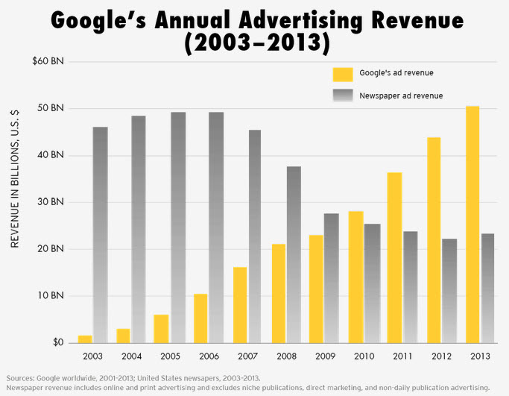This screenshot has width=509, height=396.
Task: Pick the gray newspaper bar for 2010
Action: click(x=371, y=283)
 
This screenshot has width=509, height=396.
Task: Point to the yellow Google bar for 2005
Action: click(x=161, y=328)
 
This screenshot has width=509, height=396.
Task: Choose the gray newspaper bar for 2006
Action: click(x=216, y=227)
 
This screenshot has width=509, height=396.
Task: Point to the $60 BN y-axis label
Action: click(x=49, y=62)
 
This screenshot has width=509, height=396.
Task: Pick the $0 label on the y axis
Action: click(x=57, y=343)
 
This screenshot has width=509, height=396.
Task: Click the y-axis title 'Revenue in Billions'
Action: click(x=15, y=201)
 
